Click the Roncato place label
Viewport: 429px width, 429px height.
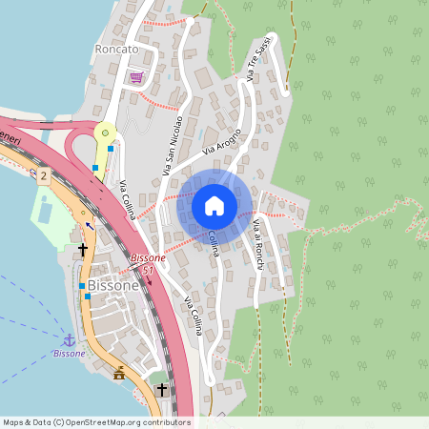tap(116, 49)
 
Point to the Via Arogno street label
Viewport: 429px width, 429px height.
tap(223, 148)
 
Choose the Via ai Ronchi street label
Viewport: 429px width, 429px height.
tap(258, 243)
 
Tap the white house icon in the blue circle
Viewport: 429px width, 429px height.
tap(214, 206)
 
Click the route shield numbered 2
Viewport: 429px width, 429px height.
tap(44, 175)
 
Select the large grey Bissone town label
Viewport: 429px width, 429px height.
tap(112, 285)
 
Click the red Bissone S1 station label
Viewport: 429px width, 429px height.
tap(148, 264)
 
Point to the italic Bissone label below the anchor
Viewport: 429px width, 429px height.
tap(69, 354)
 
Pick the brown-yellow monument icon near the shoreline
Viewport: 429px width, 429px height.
tap(119, 374)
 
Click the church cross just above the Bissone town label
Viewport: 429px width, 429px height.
tap(83, 250)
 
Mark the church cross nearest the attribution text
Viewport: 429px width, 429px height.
tap(161, 389)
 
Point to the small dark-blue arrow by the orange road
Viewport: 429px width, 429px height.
tap(90, 226)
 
